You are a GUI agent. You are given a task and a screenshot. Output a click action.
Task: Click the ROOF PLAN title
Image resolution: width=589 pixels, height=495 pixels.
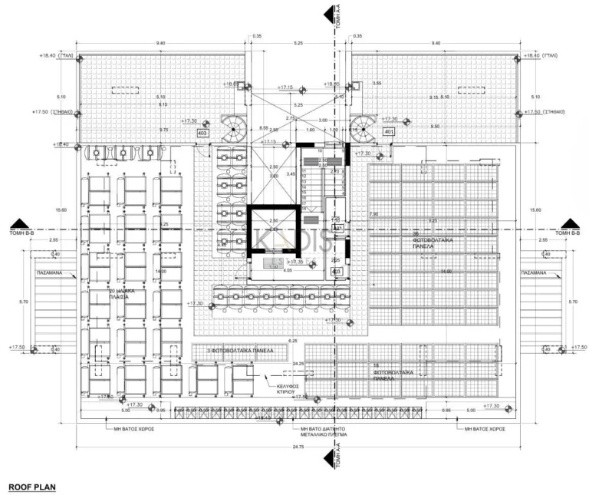pos(31,487)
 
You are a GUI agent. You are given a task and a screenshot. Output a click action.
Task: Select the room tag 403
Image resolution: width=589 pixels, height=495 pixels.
pos(203,133)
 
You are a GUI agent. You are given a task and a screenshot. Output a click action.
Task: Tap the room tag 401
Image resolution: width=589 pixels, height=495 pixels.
pos(388,131)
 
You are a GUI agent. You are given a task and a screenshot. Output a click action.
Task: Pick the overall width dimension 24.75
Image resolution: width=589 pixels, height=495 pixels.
pos(294,447)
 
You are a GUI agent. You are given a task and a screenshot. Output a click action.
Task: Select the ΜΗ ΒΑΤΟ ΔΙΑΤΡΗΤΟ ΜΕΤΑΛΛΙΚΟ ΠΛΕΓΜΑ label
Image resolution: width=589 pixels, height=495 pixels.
pos(323,431)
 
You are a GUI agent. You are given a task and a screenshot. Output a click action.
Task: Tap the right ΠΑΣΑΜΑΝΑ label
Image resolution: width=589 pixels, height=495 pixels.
pos(536,272)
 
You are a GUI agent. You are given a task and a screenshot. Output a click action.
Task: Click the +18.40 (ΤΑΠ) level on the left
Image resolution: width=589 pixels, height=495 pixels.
pos(57,56)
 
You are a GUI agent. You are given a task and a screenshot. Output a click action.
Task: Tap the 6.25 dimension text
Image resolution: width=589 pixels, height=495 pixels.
pos(292,340)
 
